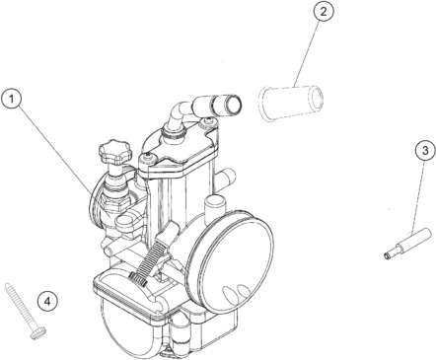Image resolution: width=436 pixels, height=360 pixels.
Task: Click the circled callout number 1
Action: click(x=12, y=99)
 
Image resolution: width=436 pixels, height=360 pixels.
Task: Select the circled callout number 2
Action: click(x=324, y=12)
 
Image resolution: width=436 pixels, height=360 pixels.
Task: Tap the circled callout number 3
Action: click(x=425, y=151)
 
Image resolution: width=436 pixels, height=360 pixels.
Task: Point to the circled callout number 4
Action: click(x=47, y=302)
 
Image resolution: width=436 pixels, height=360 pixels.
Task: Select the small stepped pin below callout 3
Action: click(x=407, y=244)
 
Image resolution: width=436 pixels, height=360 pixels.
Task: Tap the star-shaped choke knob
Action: click(x=114, y=152)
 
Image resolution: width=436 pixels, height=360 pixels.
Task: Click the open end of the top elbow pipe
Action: click(x=233, y=106)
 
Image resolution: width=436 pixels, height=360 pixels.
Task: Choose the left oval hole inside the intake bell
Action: click(x=230, y=293)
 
